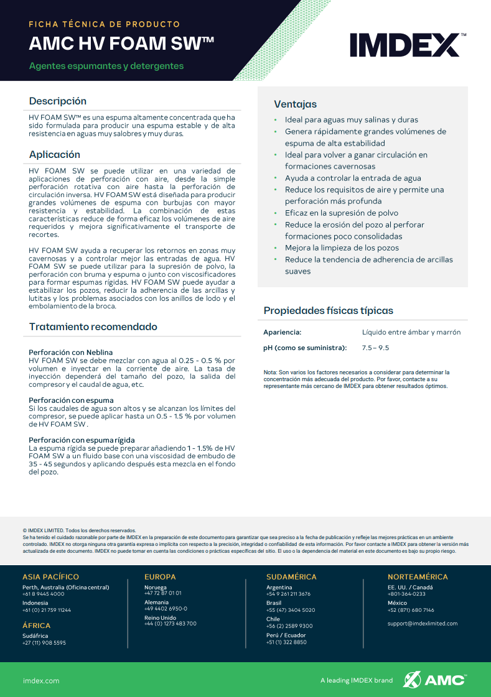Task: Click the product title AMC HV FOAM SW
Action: point(122,44)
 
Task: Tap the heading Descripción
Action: point(58,101)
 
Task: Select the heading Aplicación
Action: point(55,154)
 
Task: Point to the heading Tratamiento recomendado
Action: point(93,326)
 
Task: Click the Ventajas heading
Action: point(296,104)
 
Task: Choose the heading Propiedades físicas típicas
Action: point(329,310)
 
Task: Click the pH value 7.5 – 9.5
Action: point(375,348)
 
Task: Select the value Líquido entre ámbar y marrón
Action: point(411,332)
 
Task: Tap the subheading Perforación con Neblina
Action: point(71,353)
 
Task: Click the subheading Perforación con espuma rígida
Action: point(82,440)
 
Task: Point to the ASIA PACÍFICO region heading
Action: point(51,576)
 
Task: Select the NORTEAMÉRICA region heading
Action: point(418,576)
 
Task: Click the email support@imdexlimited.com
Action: point(423,623)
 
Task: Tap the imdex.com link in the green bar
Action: point(41,680)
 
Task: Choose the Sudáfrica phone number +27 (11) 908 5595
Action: point(44,642)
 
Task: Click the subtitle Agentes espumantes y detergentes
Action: point(106,66)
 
